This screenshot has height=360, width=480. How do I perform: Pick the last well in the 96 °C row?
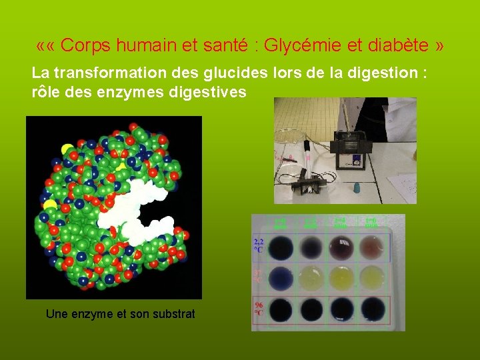tap(373, 309)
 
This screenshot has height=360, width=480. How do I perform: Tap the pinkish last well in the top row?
tap(373, 248)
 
